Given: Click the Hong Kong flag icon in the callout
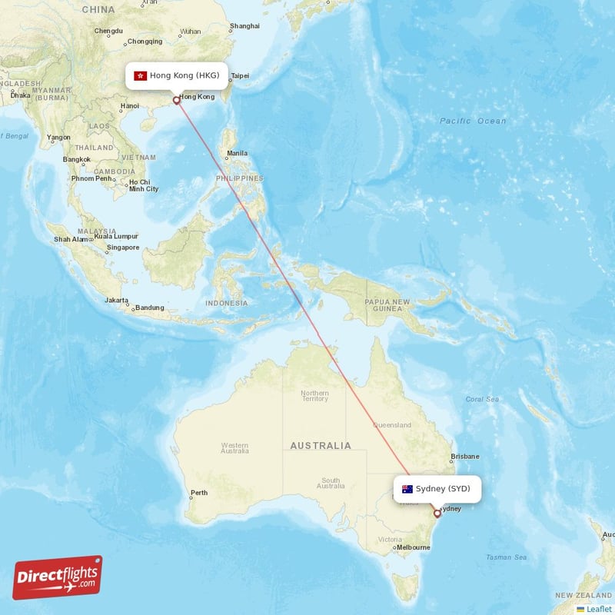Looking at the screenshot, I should tap(140, 75).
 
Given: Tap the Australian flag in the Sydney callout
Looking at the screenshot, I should tap(407, 489).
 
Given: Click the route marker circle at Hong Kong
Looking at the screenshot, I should tap(177, 99).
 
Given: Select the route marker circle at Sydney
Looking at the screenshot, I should tap(437, 514).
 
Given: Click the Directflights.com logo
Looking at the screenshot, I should tap(58, 577).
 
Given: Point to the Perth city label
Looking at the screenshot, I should tap(199, 493).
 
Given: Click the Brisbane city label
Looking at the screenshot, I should tap(465, 456).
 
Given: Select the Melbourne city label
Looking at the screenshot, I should tap(414, 547).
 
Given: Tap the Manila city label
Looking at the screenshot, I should tap(237, 153).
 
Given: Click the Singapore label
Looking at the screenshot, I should tap(123, 248).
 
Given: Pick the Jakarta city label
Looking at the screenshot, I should tap(116, 300).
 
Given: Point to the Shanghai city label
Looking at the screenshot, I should tap(244, 26).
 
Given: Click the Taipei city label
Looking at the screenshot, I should tap(241, 76).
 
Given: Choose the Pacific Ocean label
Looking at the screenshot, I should tap(473, 121).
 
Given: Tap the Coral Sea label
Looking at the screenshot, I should tap(482, 399).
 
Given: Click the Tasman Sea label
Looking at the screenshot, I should tap(506, 557).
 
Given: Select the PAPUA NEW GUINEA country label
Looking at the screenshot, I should tap(387, 305).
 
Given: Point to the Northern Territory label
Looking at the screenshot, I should tap(314, 396).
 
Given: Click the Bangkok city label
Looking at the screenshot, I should tap(77, 159).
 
